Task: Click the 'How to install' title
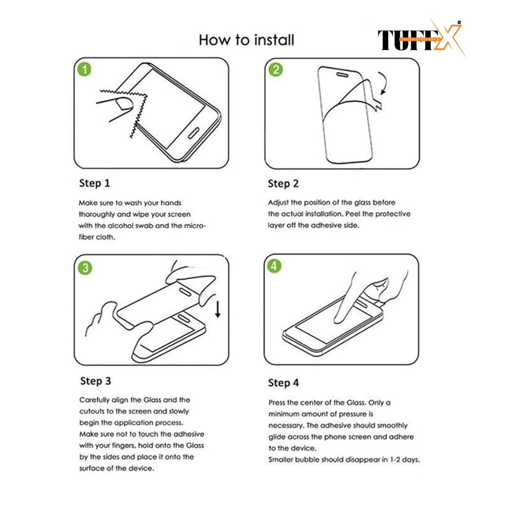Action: (246, 40)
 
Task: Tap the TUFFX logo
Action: (421, 38)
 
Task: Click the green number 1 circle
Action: (85, 69)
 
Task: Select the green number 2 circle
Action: (276, 70)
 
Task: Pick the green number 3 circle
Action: (85, 268)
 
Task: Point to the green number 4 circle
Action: (274, 266)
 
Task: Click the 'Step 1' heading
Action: (95, 183)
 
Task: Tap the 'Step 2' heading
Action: (283, 184)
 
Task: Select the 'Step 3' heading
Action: (95, 381)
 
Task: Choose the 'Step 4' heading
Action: (284, 383)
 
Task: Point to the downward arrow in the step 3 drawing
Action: (218, 309)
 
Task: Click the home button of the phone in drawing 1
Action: (194, 133)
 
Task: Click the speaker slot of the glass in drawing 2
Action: (342, 75)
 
